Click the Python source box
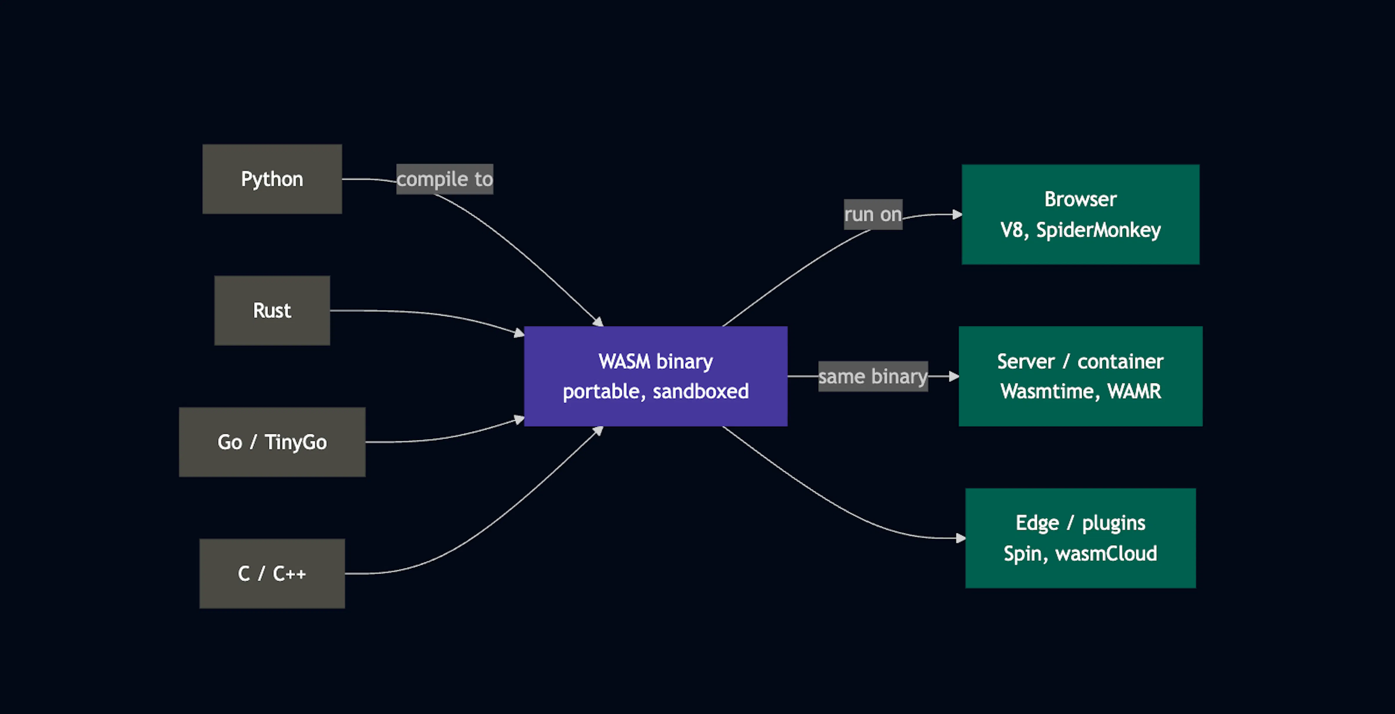(x=272, y=179)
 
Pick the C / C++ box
(x=272, y=574)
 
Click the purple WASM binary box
(x=656, y=376)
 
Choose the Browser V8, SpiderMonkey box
(x=1080, y=214)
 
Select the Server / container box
(x=1080, y=376)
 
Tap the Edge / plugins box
(x=1080, y=538)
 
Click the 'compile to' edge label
(x=445, y=179)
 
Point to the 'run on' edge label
(x=873, y=214)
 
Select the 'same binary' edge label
(x=873, y=376)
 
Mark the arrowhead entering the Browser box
(x=957, y=214)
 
